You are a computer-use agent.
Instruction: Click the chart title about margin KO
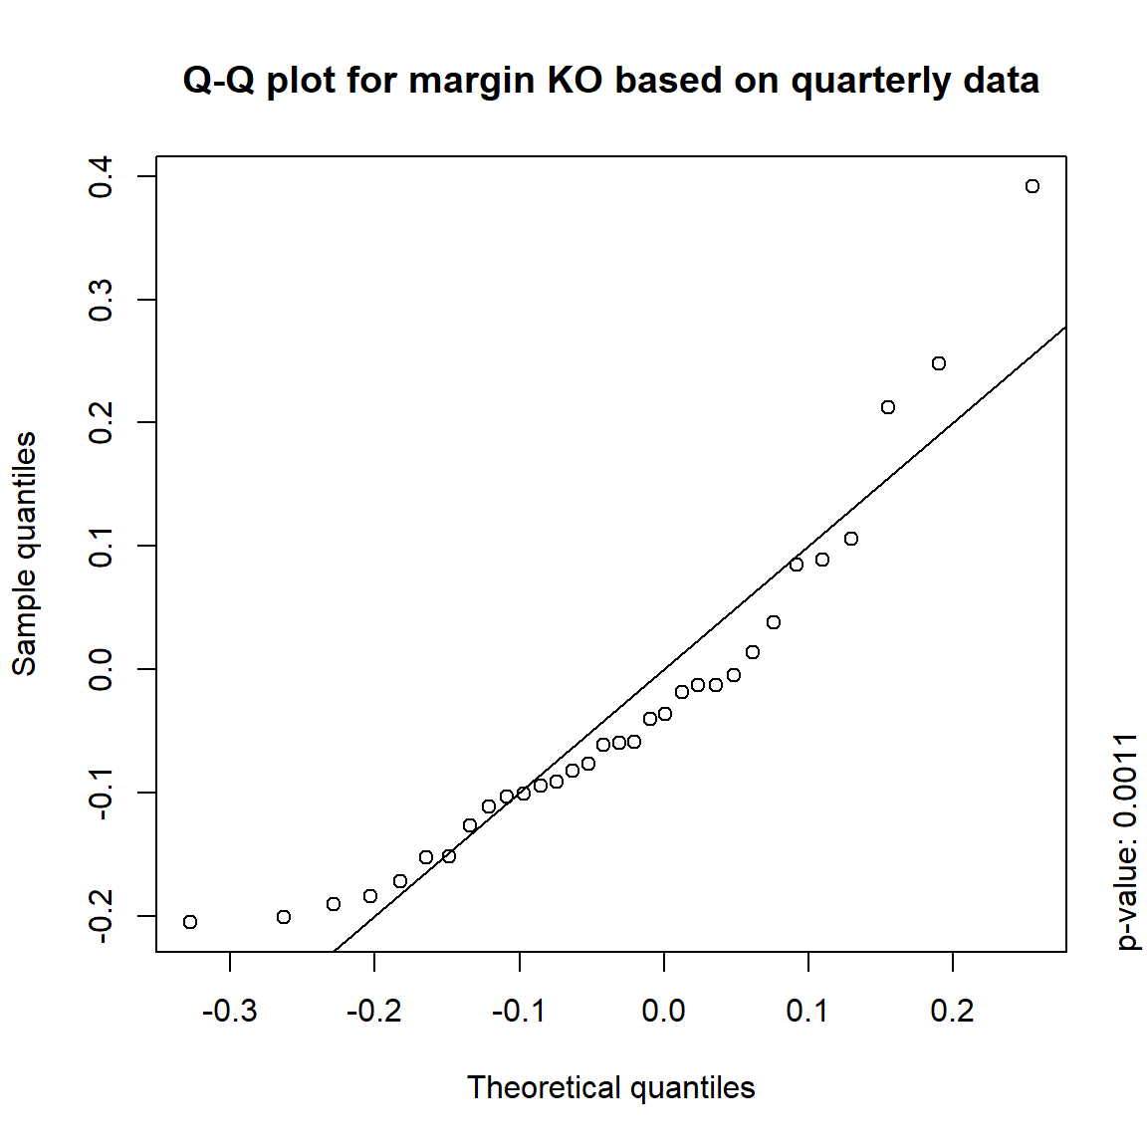(x=610, y=80)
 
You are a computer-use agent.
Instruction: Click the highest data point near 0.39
(x=1032, y=186)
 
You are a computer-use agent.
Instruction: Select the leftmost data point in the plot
(x=190, y=922)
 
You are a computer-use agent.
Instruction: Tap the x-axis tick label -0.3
(x=229, y=1012)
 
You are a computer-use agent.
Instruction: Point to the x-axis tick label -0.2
(x=373, y=1012)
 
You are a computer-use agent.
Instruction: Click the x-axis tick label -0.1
(x=519, y=1012)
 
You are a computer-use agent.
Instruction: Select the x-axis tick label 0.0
(x=663, y=1012)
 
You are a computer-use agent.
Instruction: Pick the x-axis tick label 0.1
(x=807, y=1012)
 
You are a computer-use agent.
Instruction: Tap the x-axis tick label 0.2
(x=952, y=1012)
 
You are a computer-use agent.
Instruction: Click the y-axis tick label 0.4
(x=102, y=177)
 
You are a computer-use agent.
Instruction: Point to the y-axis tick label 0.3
(x=102, y=300)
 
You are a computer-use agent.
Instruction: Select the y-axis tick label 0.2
(x=102, y=423)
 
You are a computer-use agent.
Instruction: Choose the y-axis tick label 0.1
(x=102, y=546)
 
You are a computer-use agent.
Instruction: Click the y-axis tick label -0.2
(x=102, y=916)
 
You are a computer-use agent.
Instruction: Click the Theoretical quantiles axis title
(x=610, y=1087)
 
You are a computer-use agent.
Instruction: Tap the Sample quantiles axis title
(x=25, y=554)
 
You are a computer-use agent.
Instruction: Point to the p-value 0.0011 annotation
(x=1126, y=841)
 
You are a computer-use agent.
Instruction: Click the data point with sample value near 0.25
(x=938, y=363)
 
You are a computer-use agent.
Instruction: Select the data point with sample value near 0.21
(x=888, y=407)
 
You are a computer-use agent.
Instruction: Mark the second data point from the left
(x=284, y=917)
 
